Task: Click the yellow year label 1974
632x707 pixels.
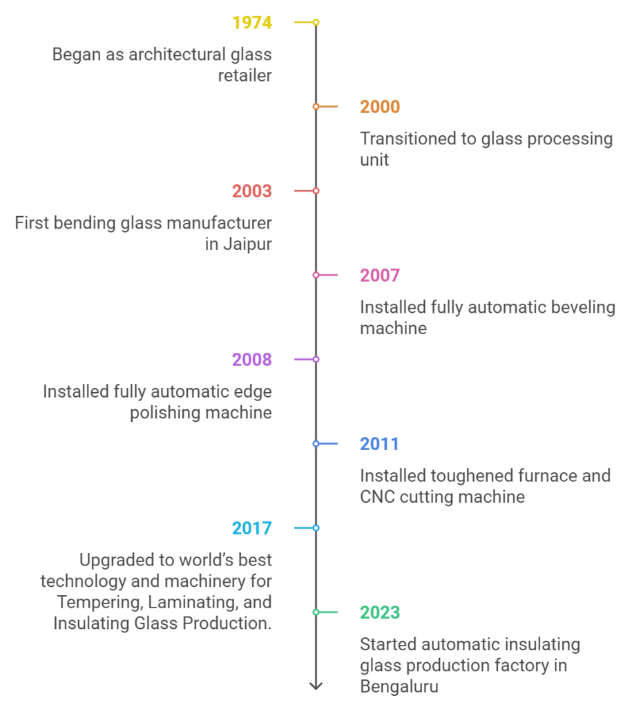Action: coord(251,23)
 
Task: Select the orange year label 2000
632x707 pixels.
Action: coord(380,107)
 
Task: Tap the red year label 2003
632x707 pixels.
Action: coord(251,191)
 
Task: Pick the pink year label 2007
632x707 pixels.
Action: coord(380,275)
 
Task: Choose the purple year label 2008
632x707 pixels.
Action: coord(251,360)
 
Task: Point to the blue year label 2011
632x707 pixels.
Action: coord(379,444)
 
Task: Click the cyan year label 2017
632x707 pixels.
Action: coord(251,528)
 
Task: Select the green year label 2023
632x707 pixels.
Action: coord(380,613)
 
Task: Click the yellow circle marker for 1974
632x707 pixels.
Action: coord(316,22)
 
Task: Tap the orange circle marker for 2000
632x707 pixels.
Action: coord(316,106)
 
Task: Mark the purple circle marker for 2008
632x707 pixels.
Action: coord(316,359)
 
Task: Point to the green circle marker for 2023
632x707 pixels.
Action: coord(316,612)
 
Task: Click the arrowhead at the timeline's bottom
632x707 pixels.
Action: coord(316,686)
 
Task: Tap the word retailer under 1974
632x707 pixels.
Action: coord(245,76)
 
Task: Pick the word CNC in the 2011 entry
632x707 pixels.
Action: coord(376,497)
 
